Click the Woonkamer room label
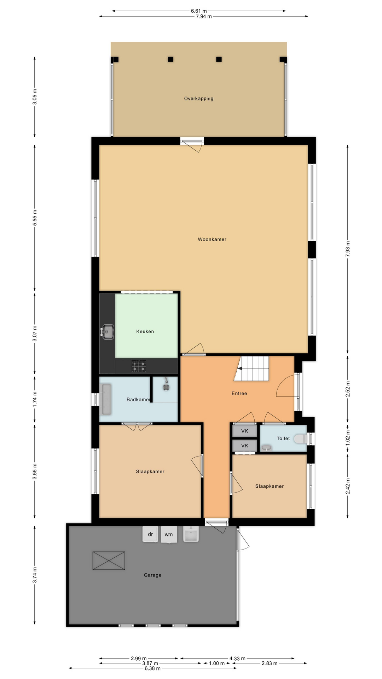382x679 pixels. (212, 239)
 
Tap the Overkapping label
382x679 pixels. (198, 99)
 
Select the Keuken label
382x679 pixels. (145, 331)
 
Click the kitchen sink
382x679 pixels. (108, 332)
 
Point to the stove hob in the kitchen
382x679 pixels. (139, 366)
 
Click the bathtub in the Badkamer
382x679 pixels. (106, 399)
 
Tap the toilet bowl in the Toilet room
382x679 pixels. (300, 439)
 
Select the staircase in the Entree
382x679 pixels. (251, 368)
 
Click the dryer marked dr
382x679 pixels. (150, 534)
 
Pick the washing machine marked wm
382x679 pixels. (169, 534)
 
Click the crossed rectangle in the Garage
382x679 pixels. (109, 561)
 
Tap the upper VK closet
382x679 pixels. (244, 431)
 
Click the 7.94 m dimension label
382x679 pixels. (204, 16)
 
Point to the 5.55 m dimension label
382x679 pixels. (35, 218)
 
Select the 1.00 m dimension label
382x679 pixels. (217, 663)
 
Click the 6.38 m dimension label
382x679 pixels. (152, 668)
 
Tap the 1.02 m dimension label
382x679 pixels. (348, 438)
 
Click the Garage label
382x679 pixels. (152, 575)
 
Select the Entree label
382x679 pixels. (239, 393)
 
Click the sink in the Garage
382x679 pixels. (191, 534)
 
